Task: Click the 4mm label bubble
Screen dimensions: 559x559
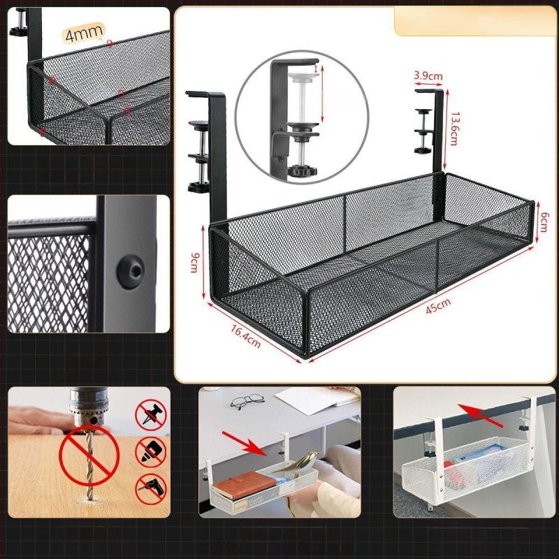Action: pos(84,33)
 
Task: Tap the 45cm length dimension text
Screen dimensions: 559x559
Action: pos(438,306)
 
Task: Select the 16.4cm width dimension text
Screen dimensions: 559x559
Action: pos(246,336)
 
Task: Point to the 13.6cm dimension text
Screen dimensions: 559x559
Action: pos(454,129)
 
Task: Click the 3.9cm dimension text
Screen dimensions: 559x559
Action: pos(428,75)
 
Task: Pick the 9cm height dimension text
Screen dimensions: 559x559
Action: pos(195,263)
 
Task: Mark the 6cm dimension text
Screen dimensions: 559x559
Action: pos(544,222)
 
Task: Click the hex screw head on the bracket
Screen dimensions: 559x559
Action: pos(131,271)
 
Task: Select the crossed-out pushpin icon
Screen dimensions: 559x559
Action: pos(151,414)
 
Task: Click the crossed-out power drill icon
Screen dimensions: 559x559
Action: pos(151,489)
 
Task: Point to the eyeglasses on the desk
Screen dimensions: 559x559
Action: pos(247,400)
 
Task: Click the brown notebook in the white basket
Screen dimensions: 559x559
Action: pos(244,484)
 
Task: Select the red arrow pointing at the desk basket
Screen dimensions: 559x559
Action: pos(245,444)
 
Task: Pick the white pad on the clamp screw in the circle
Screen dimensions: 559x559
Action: pos(303,77)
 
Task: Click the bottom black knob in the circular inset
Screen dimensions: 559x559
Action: pos(303,170)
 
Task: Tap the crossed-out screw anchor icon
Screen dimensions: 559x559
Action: pos(151,452)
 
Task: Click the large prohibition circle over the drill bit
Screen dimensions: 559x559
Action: pos(89,456)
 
